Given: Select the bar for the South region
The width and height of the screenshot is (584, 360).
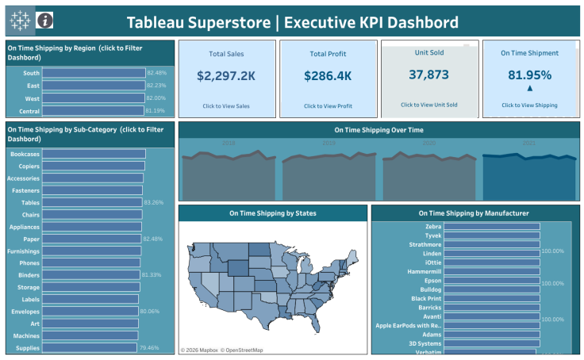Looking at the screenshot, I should pos(94,73).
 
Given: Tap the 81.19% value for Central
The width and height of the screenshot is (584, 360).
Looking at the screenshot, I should pos(155,111).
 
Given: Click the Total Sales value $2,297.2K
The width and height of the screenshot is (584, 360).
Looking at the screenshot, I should pos(226,76).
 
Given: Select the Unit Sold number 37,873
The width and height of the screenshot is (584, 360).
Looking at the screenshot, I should pos(428,75).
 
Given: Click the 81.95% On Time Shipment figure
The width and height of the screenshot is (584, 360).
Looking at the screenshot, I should pos(529,75).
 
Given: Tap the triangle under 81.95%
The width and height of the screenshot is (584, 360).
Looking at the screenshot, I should pos(530,89).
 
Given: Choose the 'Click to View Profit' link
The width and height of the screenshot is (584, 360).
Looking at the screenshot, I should pos(328,105).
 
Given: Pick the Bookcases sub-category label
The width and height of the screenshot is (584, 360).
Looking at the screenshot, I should pos(25,154).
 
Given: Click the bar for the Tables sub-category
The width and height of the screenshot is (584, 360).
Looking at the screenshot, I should pos(92,202).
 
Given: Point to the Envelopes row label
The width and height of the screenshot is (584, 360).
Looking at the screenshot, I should pos(25,311).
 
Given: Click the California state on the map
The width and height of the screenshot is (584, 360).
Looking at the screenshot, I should pos(198,278).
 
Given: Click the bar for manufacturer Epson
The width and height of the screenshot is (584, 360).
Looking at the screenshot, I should pos(492,281).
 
